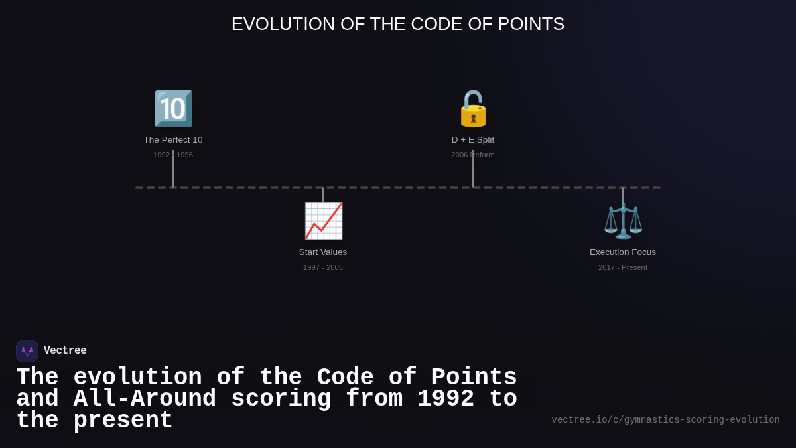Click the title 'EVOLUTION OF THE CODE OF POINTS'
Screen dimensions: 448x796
pos(398,24)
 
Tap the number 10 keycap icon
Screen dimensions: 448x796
pos(173,109)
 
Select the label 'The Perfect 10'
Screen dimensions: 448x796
pos(173,140)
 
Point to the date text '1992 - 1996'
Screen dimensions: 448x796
pos(173,155)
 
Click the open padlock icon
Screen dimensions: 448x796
pos(473,109)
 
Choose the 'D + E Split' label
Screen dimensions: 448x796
pos(473,140)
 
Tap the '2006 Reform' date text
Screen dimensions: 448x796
pos(473,155)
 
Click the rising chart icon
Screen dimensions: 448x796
pos(323,221)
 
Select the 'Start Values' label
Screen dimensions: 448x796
pos(323,252)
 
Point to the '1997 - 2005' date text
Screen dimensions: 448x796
pos(323,267)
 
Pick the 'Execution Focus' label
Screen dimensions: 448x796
pos(623,252)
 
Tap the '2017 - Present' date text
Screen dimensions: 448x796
pos(623,267)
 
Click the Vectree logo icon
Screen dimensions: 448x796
pos(27,351)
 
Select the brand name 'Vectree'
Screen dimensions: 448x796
pos(65,351)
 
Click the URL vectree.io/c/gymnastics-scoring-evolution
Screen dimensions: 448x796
pos(665,420)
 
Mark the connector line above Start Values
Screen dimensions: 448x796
pos(323,195)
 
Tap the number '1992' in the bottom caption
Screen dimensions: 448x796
pos(446,399)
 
